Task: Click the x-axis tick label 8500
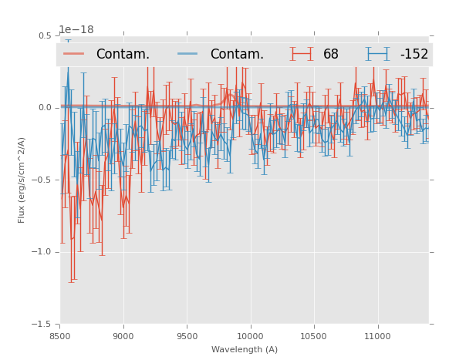[60, 336]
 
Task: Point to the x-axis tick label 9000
[123, 336]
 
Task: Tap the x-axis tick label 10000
[250, 336]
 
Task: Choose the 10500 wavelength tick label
[313, 336]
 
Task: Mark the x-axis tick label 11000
[377, 336]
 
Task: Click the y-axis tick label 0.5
[44, 35]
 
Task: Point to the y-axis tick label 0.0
[44, 108]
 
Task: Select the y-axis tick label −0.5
[42, 180]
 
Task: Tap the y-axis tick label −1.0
[42, 252]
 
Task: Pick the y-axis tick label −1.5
[42, 324]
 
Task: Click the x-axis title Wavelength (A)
[245, 349]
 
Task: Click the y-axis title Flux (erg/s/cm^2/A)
[22, 180]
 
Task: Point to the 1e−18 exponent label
[76, 30]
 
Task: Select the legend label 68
[331, 54]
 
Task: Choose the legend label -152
[414, 54]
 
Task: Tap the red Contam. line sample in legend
[74, 54]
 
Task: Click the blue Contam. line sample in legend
[188, 54]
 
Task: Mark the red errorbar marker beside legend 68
[302, 54]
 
